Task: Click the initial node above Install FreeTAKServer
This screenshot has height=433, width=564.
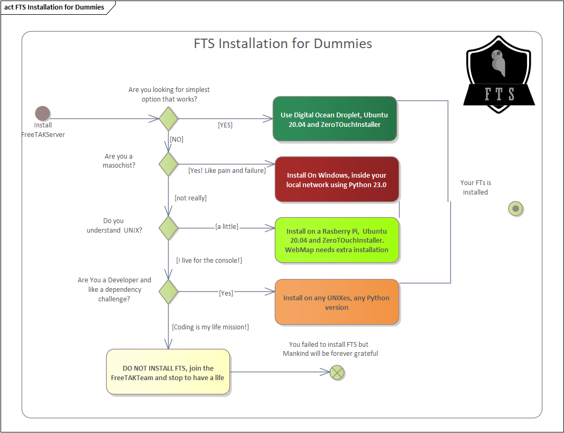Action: tap(42, 113)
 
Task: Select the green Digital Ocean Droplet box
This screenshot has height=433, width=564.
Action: tap(335, 119)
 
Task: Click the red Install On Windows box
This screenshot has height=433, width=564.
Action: tap(337, 179)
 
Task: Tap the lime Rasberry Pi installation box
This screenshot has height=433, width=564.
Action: tap(337, 240)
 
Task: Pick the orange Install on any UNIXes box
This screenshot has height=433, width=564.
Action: tap(337, 302)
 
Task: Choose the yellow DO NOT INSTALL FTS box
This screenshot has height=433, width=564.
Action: tap(168, 372)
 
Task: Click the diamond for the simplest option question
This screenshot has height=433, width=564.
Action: tap(169, 118)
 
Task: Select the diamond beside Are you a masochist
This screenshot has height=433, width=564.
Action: tap(169, 164)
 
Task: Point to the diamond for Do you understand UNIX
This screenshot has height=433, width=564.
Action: tap(169, 228)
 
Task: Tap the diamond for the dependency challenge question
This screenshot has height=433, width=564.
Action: tap(169, 292)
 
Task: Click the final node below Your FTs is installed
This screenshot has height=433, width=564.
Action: tap(515, 208)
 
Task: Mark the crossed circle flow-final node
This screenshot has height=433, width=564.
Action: tap(337, 373)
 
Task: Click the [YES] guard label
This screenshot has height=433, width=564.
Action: tap(225, 125)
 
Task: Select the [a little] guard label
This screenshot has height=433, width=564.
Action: tap(226, 226)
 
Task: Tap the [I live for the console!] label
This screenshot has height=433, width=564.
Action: tap(209, 260)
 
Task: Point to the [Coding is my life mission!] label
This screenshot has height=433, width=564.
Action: tap(210, 327)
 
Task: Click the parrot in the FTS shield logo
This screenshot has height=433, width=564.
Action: tap(498, 63)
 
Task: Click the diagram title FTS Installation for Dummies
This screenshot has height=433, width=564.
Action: tap(283, 43)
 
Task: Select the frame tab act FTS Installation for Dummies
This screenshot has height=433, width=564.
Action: tap(54, 7)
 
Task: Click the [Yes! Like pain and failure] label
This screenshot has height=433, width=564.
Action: tap(227, 170)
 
